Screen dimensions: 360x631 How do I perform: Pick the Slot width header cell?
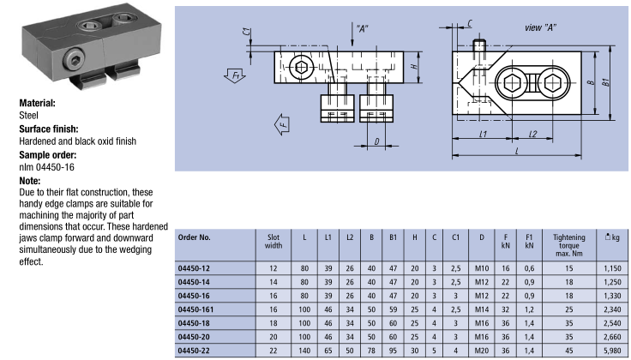tap(275, 239)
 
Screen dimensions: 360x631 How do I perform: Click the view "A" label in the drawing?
tap(540, 27)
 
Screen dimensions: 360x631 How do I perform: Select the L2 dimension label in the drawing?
tap(532, 134)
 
